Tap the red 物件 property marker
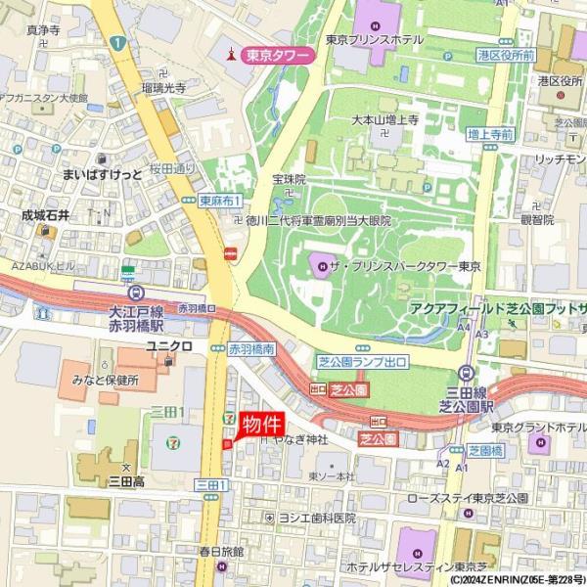coord(261,425)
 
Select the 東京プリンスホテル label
coord(375,40)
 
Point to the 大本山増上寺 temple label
coord(385,119)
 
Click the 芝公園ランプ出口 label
coord(361,361)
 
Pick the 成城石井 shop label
coord(46,215)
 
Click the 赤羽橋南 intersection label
coord(251,348)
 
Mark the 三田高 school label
coord(126,481)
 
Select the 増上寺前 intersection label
coord(490,133)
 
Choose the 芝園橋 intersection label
coord(484,451)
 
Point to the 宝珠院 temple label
coord(290,180)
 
